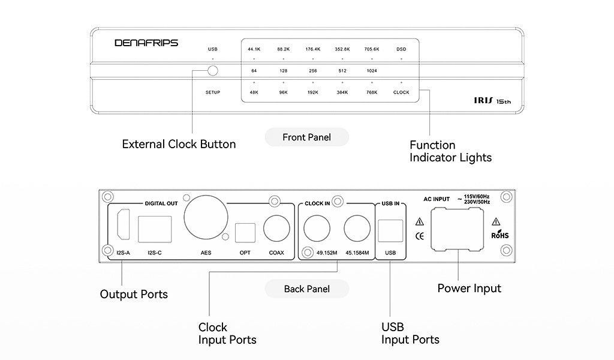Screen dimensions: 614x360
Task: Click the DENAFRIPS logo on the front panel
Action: click(146, 43)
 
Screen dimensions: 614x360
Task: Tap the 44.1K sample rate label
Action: click(254, 49)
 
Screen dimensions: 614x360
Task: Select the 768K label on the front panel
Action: click(372, 92)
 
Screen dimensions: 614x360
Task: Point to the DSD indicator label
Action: click(401, 49)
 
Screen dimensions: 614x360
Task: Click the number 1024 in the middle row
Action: click(372, 71)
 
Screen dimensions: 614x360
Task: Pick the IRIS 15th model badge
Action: click(492, 101)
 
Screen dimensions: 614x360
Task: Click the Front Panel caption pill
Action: click(306, 137)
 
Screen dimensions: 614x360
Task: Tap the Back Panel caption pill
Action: click(306, 289)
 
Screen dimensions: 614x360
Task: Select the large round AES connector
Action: click(206, 217)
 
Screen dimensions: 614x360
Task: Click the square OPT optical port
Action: click(245, 233)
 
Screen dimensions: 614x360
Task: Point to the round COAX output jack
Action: click(276, 229)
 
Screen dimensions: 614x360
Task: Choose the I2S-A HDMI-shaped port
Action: click(124, 224)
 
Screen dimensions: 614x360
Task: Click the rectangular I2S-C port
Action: click(155, 229)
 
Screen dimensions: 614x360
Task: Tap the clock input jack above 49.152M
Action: click(317, 229)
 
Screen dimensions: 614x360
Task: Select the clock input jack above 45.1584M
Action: click(357, 229)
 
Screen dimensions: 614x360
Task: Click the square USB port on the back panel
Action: click(390, 231)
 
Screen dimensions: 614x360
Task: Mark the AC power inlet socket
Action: click(457, 229)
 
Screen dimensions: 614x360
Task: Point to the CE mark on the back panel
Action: click(419, 236)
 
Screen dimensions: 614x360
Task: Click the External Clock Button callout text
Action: click(179, 144)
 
